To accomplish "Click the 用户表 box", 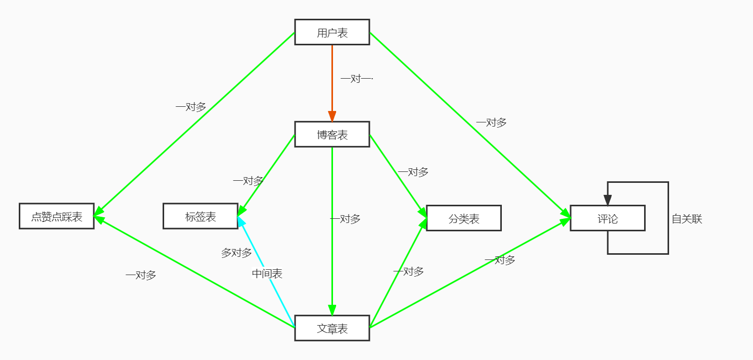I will [x=332, y=32].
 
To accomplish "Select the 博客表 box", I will [x=332, y=134].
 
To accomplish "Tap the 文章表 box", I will [x=332, y=328].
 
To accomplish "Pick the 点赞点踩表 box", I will [x=57, y=216].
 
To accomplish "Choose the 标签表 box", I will [x=201, y=216].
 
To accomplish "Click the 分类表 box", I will [x=464, y=218].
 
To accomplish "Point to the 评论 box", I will [x=608, y=218].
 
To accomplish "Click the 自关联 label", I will [x=687, y=219].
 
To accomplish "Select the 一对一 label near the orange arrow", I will [x=356, y=79].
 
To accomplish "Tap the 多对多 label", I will [x=237, y=253].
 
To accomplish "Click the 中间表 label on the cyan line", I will [x=267, y=274].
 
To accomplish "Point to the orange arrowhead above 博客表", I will [x=332, y=116].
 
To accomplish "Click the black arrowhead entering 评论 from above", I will [x=608, y=200].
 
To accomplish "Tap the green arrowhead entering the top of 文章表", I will [x=332, y=310].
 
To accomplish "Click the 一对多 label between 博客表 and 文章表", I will [x=345, y=219].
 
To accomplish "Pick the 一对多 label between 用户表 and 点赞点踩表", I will [x=191, y=107].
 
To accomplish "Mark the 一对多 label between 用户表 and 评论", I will [x=491, y=123].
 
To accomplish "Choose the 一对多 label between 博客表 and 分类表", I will [x=413, y=172].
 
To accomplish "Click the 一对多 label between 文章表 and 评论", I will [x=500, y=260].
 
